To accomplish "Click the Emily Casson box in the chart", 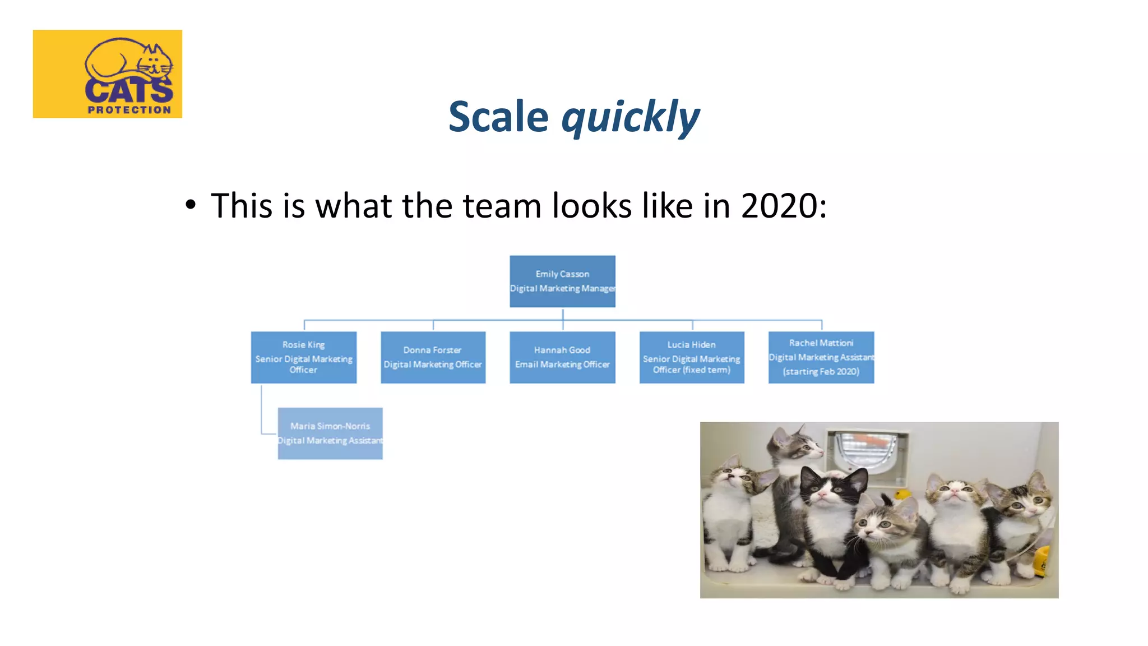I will [x=562, y=281].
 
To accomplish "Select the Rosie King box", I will [x=303, y=357].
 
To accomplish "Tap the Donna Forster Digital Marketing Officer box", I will [x=433, y=357].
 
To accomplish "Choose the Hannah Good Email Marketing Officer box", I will [x=562, y=357].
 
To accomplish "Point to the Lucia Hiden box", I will [x=692, y=357].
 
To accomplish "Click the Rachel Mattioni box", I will [x=821, y=357].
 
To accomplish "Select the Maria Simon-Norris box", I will [x=330, y=433].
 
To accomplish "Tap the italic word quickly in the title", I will [x=630, y=118].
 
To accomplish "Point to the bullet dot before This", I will [x=191, y=205].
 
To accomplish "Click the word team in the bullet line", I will [x=502, y=206].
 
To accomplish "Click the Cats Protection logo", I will [x=107, y=73].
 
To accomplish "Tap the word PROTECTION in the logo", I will [x=129, y=110].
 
